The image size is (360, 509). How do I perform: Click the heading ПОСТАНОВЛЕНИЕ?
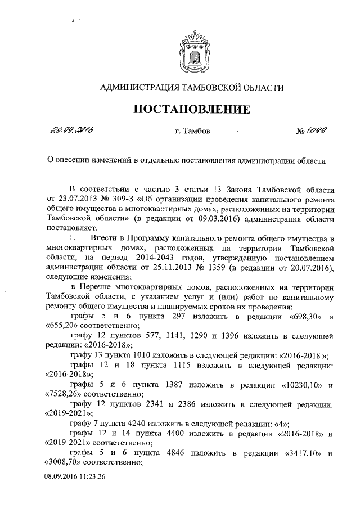pos(191,109)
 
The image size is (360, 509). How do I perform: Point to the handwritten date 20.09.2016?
pos(71,131)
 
